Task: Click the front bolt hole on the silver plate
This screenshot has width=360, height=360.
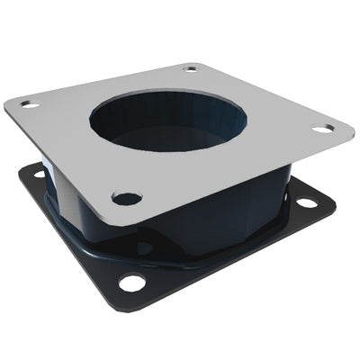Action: tap(127, 197)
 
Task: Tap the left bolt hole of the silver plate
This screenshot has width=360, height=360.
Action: tap(31, 104)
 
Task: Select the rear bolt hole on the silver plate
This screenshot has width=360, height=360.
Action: tap(191, 68)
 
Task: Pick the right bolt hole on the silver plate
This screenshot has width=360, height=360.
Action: tap(322, 129)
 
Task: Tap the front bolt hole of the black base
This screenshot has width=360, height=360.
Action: tap(132, 283)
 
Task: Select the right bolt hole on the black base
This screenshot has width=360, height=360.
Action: tap(307, 202)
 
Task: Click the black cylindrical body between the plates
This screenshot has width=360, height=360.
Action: tap(225, 207)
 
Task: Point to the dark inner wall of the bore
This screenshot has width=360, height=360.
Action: tap(135, 121)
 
